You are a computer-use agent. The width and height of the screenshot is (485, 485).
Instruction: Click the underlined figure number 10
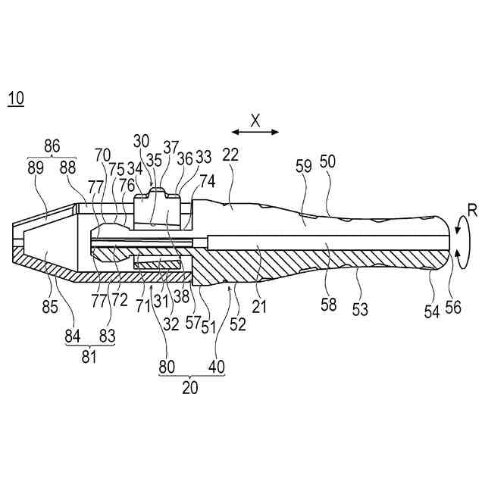(x=14, y=99)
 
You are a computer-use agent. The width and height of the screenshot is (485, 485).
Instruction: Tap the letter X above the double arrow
(x=255, y=119)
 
